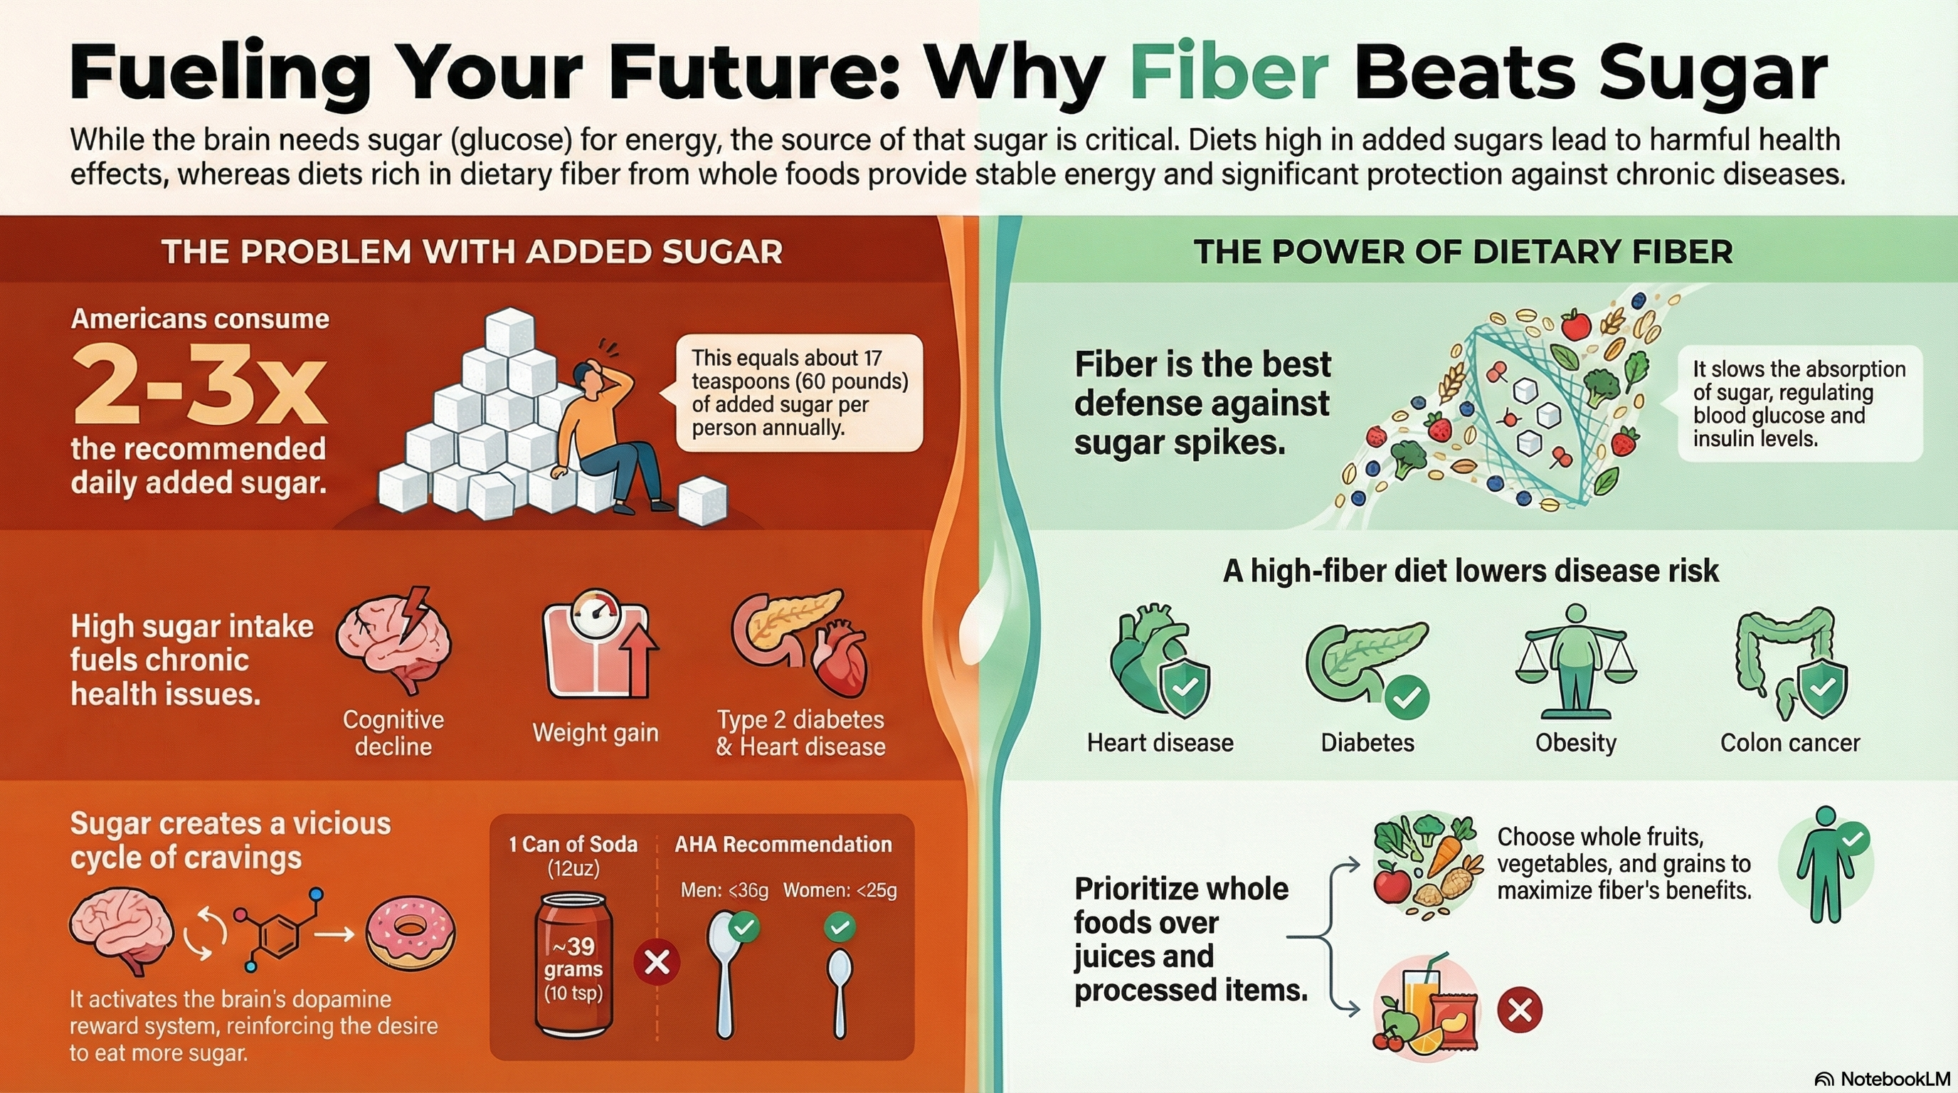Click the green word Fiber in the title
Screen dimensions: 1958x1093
click(x=1229, y=73)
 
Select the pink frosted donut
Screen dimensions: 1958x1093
click(x=411, y=929)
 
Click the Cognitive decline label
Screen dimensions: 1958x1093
click(x=393, y=733)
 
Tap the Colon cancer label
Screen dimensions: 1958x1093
click(x=1790, y=743)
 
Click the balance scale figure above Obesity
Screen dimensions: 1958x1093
click(x=1576, y=661)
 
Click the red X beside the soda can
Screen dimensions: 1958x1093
click(x=657, y=962)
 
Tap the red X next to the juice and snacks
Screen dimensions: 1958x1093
click(x=1520, y=1010)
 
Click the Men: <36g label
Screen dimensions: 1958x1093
click(x=724, y=890)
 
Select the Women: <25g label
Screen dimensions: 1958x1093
click(x=840, y=890)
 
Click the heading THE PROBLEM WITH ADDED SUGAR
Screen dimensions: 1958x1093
click(x=472, y=253)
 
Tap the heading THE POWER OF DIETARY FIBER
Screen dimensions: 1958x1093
click(x=1464, y=253)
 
